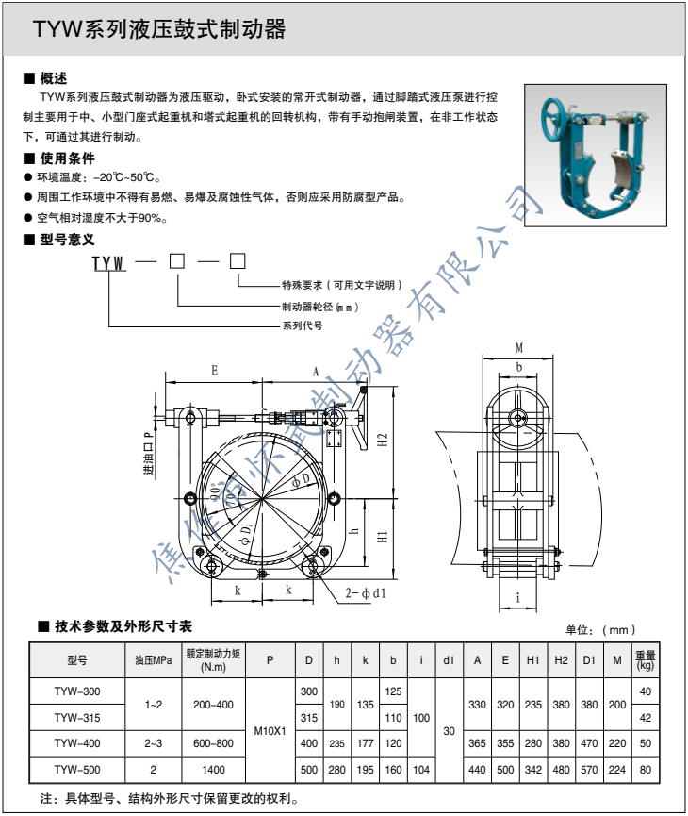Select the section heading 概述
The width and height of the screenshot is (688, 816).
(x=53, y=78)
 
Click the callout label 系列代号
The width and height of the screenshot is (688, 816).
(x=303, y=325)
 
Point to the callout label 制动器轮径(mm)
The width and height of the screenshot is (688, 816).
(x=321, y=307)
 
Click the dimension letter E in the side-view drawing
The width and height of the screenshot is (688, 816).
(x=215, y=371)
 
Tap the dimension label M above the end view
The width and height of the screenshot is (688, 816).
(x=518, y=348)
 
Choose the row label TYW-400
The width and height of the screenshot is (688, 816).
(x=76, y=743)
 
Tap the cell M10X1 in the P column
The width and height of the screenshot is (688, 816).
(x=270, y=730)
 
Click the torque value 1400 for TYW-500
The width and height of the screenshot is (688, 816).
(x=213, y=769)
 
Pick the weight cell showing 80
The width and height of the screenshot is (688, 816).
(x=645, y=769)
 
